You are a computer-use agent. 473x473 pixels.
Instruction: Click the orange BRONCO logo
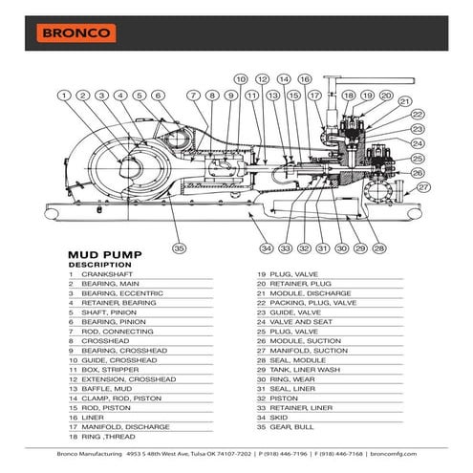(x=76, y=32)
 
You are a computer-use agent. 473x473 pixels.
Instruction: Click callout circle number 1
(x=64, y=95)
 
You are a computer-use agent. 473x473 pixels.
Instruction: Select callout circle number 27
(x=423, y=188)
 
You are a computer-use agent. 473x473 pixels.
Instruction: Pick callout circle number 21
(x=404, y=101)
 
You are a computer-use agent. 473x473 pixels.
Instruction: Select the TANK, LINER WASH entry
(x=305, y=367)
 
